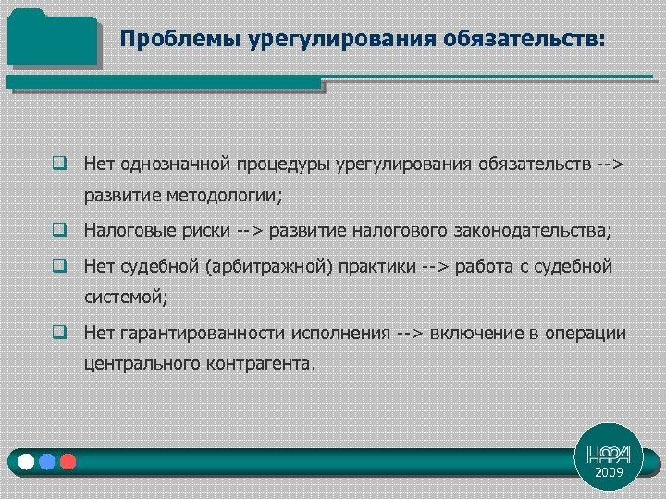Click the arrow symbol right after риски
(251, 228)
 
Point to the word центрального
(142, 364)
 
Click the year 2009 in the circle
(609, 472)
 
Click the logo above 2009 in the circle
(609, 454)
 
